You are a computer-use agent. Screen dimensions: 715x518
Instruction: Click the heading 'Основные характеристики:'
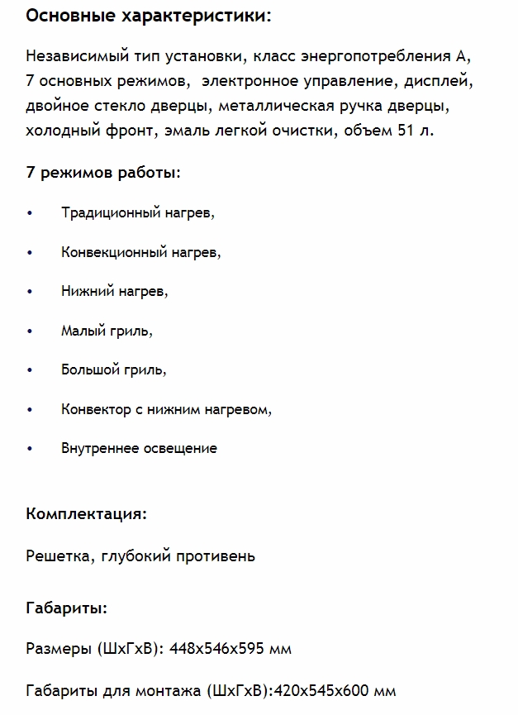click(148, 16)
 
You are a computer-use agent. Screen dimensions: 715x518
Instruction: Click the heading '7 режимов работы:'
click(103, 173)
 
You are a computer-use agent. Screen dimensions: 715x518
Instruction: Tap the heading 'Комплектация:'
click(87, 513)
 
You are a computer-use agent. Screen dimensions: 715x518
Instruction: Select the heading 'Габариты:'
click(67, 608)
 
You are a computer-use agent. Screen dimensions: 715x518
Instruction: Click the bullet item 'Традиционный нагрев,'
click(137, 212)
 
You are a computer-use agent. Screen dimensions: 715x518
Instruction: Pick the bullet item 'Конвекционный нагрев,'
click(140, 252)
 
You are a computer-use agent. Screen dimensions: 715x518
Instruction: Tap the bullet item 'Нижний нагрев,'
click(114, 291)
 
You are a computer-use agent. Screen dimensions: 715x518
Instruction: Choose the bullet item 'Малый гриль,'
click(107, 331)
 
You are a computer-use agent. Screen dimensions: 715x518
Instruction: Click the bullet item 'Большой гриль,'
click(113, 369)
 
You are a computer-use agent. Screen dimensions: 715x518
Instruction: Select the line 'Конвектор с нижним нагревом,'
click(166, 409)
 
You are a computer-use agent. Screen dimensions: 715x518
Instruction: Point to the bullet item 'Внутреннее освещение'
click(139, 448)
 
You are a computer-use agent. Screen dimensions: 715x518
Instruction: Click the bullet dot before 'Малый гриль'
click(31, 331)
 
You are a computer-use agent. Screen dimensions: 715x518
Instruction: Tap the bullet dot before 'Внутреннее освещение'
click(31, 449)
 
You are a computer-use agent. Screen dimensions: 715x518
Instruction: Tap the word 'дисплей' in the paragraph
click(441, 82)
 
